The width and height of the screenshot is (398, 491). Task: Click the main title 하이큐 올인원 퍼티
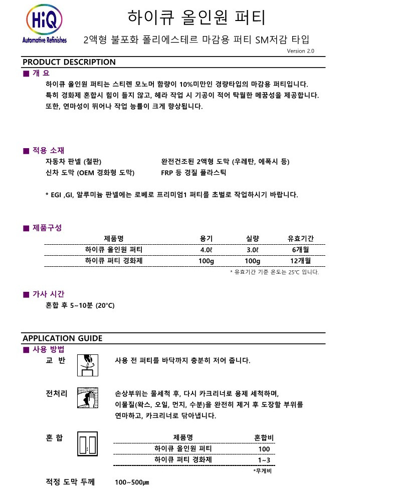[196, 17]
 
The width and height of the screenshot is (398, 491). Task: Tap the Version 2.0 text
[301, 51]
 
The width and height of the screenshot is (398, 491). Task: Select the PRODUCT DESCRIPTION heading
[69, 62]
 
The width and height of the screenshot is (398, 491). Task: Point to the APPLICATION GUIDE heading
[62, 338]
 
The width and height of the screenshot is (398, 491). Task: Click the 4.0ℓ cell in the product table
[206, 249]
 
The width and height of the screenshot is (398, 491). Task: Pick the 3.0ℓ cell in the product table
[252, 249]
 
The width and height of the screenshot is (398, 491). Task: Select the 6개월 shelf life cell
[300, 249]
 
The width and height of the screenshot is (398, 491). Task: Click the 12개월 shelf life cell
[300, 261]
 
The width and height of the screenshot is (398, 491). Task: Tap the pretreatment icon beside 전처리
[87, 398]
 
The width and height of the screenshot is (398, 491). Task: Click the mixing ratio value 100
[264, 449]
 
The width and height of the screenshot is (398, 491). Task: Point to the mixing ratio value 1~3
[264, 460]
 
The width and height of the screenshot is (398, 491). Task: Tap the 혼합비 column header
[264, 438]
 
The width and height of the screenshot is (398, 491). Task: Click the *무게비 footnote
[262, 471]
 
